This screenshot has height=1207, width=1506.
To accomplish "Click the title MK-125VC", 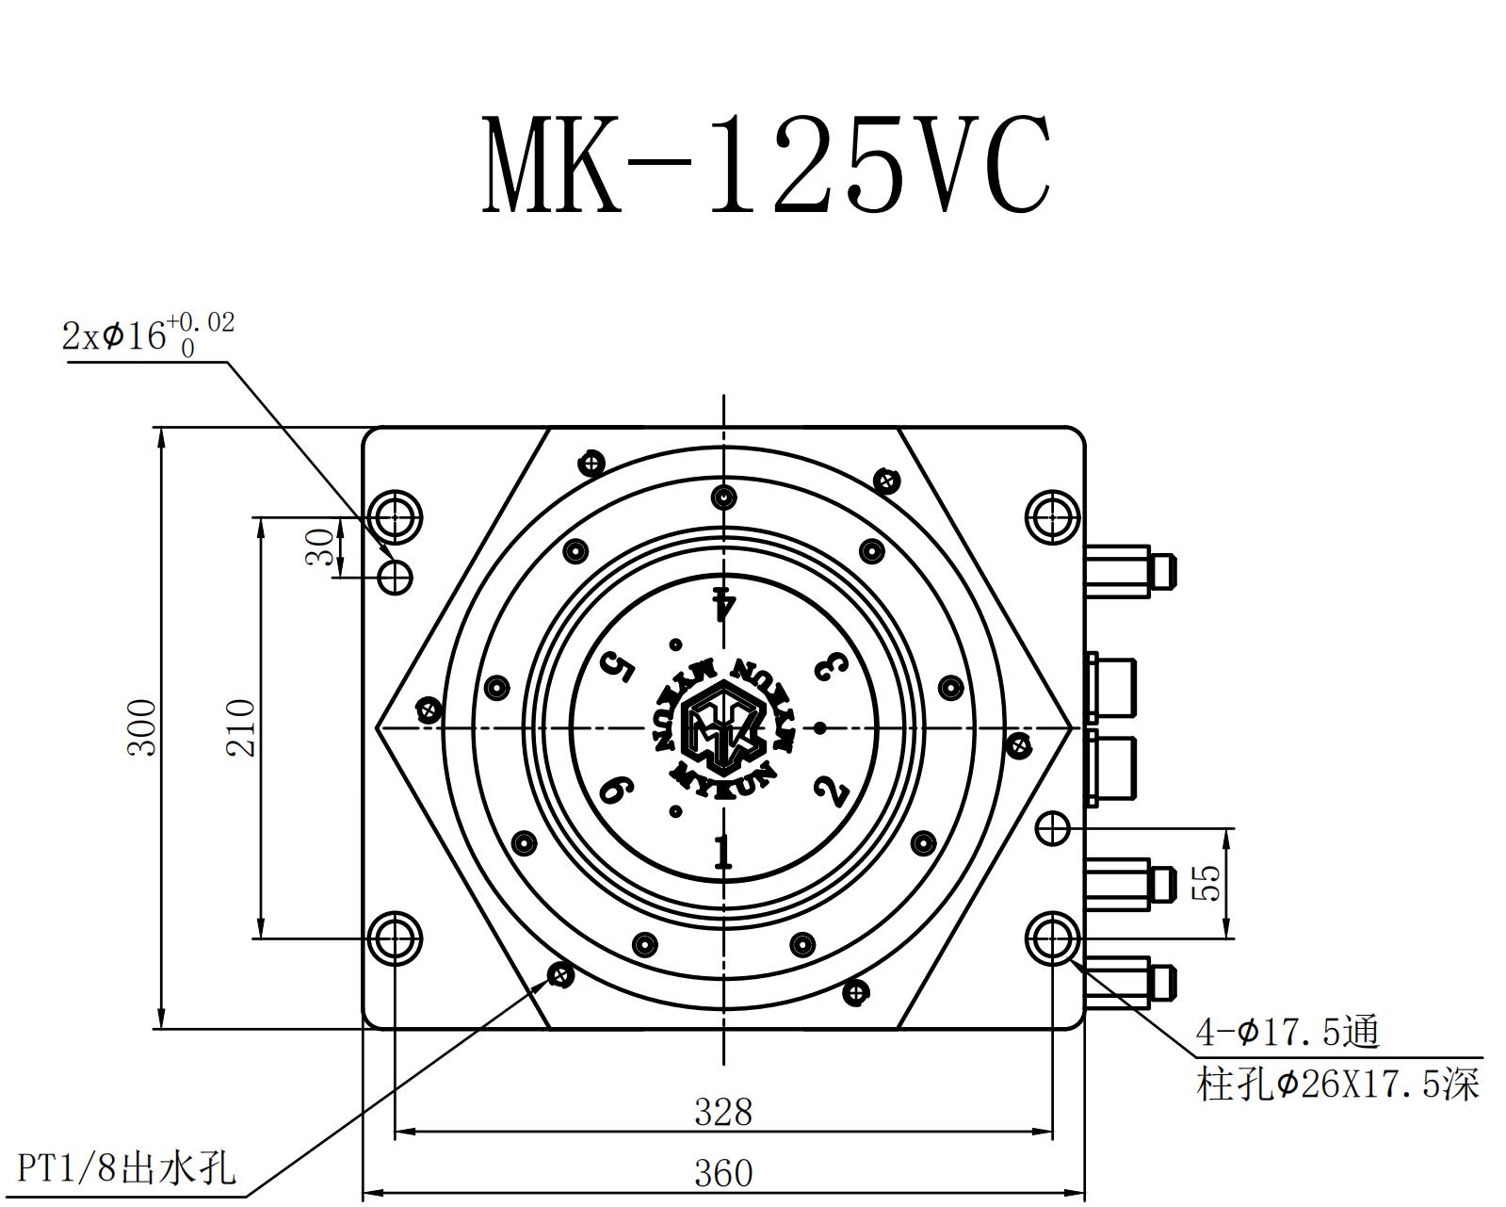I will pos(765,166).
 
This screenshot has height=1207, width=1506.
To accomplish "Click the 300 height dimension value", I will pos(142,726).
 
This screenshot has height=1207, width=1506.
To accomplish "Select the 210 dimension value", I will pos(240,726).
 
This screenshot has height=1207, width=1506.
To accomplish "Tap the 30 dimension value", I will pos(321,546).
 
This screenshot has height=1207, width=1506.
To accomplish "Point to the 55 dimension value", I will pos(1206,883).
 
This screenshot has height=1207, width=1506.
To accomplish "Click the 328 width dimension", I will pos(723,1113).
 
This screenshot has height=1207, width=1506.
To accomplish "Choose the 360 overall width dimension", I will pos(723,1174).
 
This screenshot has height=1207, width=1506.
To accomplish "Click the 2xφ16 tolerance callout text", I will pos(148,334).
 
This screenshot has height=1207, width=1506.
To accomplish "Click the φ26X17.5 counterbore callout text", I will pos(1338,1085).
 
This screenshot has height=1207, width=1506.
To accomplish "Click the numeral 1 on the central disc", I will pos(722,852).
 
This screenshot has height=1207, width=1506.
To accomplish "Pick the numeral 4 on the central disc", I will pos(723,602).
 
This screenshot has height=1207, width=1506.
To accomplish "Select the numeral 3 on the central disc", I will pos(831,666).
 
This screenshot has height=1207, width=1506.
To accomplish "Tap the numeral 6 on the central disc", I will pos(616,789).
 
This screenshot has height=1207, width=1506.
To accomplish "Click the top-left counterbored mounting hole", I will pos(395,516).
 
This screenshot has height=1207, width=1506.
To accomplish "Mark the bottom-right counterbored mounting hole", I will pos(1052,938).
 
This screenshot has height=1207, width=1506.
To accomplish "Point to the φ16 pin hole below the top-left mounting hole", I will pos(396,575).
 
